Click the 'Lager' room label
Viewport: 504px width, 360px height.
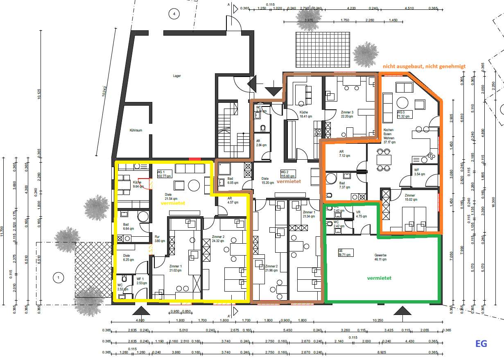pyautogui.click(x=177, y=76)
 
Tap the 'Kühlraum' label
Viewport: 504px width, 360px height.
pyautogui.click(x=136, y=130)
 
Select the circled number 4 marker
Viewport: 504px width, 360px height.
pyautogui.click(x=174, y=14)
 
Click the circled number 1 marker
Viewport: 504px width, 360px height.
pyautogui.click(x=59, y=278)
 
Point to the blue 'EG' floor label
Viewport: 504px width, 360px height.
pyautogui.click(x=481, y=344)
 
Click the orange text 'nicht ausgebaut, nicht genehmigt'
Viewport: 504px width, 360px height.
pyautogui.click(x=429, y=66)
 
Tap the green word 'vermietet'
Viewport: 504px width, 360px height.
pyautogui.click(x=379, y=278)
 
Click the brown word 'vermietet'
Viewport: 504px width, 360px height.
pyautogui.click(x=289, y=181)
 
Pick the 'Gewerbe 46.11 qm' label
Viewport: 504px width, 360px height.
pyautogui.click(x=380, y=257)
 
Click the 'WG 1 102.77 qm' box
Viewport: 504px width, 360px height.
pyautogui.click(x=165, y=174)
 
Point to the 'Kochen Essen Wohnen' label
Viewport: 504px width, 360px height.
pyautogui.click(x=389, y=136)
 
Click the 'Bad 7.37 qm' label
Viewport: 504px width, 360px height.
pyautogui.click(x=345, y=185)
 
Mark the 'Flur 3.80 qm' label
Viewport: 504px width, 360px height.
pyautogui.click(x=160, y=239)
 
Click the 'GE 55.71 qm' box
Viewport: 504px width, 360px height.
pyautogui.click(x=345, y=252)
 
